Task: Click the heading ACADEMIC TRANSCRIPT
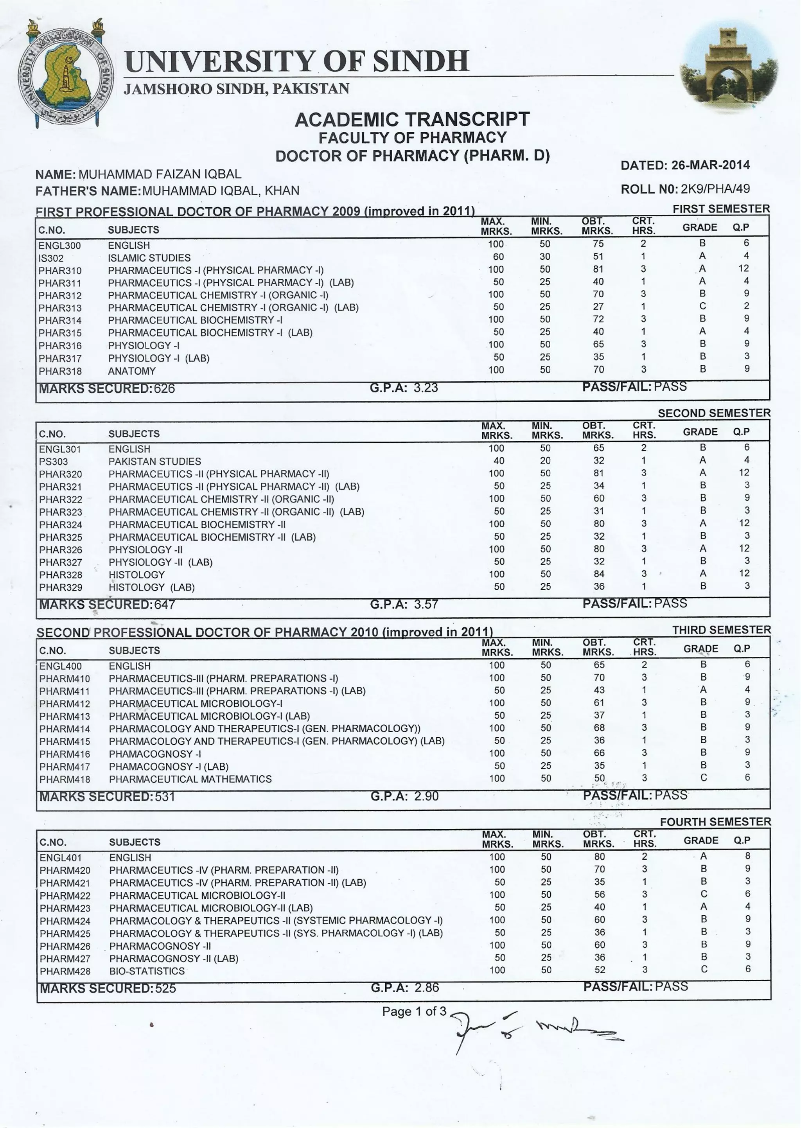412,119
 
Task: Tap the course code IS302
51,258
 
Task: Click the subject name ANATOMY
132,371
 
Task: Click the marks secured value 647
165,605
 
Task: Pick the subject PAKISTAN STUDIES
154,461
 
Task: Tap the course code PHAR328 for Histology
60,575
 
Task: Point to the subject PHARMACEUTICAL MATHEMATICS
190,779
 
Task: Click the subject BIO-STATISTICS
147,971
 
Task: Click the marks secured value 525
165,988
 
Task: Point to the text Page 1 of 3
413,1011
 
